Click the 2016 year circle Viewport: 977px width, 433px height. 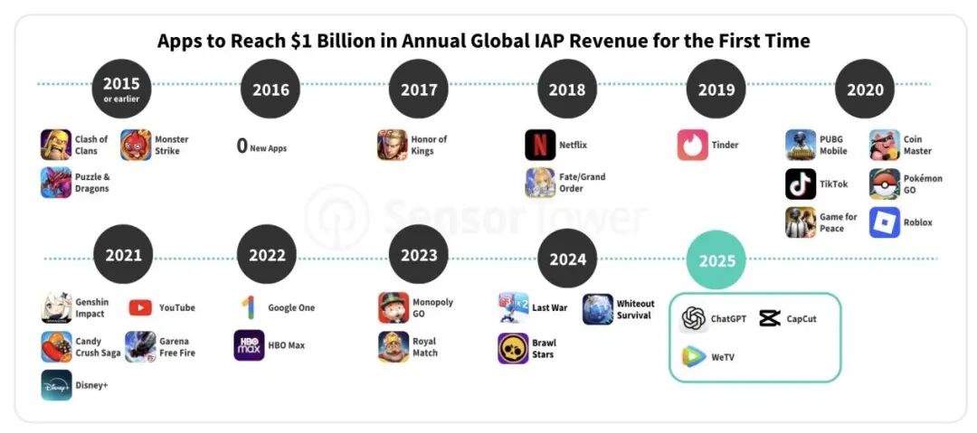pyautogui.click(x=270, y=89)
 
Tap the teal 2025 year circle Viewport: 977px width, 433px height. pyautogui.click(x=716, y=260)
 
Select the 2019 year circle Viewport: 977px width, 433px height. pyautogui.click(x=716, y=89)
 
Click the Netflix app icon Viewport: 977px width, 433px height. pyautogui.click(x=540, y=145)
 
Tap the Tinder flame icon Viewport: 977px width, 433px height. pyautogui.click(x=692, y=145)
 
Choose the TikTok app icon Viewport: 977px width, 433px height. pyautogui.click(x=801, y=184)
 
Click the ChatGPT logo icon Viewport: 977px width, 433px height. pyautogui.click(x=694, y=318)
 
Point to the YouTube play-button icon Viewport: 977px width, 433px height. pyautogui.click(x=140, y=307)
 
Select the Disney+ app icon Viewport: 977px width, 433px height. pyautogui.click(x=56, y=385)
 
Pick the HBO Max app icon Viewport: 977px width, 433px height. pyautogui.click(x=249, y=345)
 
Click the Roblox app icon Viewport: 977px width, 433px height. pyautogui.click(x=885, y=222)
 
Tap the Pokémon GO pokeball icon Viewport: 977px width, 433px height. pyautogui.click(x=885, y=184)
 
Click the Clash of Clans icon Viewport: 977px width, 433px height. pyautogui.click(x=56, y=145)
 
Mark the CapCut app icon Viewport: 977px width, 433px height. pyautogui.click(x=770, y=318)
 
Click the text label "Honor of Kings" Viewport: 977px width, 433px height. pyautogui.click(x=430, y=145)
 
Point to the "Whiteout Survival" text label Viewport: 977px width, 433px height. pyautogui.click(x=635, y=309)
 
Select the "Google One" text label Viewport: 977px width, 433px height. pyautogui.click(x=291, y=307)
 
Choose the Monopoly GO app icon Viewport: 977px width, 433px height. pyautogui.click(x=394, y=307)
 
